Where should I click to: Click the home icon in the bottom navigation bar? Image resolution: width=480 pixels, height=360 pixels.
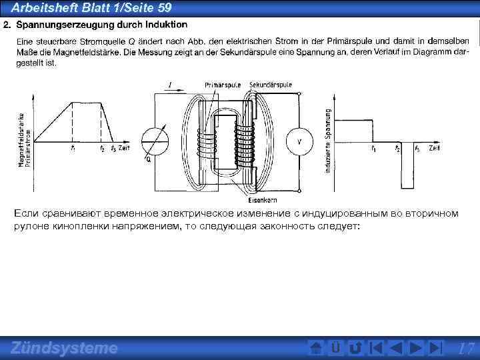317,348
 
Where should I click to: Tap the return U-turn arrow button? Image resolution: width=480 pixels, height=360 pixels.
355,348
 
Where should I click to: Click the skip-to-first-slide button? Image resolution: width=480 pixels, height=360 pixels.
376,348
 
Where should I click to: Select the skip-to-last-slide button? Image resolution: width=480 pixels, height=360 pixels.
435,348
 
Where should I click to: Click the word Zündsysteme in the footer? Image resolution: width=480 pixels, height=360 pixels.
64,348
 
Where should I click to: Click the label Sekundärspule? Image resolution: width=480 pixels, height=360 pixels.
271,85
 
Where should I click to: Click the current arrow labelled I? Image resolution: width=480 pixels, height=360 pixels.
171,85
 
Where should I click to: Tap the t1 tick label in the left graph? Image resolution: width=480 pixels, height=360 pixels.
72,148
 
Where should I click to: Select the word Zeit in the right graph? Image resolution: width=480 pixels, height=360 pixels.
434,147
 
